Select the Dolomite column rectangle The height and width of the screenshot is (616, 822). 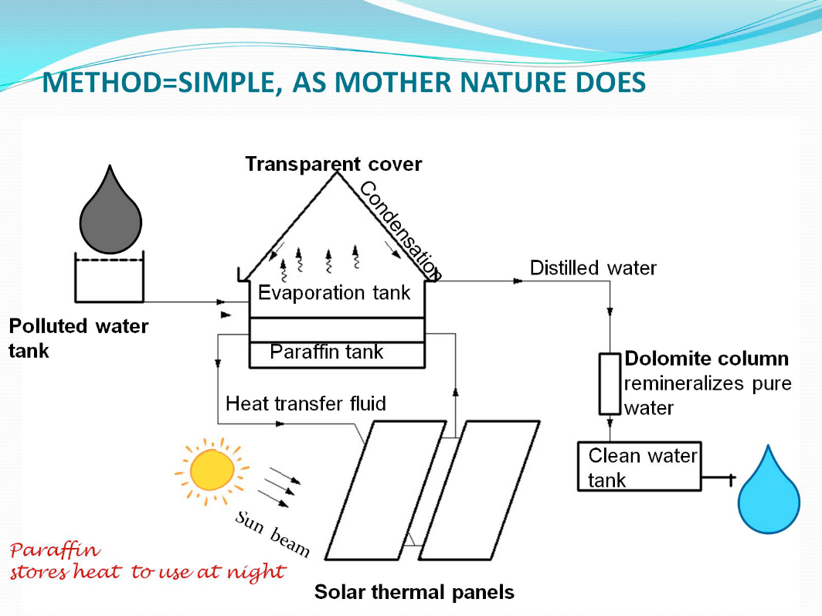click(610, 383)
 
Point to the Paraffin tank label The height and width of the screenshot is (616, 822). click(327, 352)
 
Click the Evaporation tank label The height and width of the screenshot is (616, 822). click(335, 293)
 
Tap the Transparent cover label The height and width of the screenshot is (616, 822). click(334, 164)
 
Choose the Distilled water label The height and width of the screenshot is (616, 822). click(593, 268)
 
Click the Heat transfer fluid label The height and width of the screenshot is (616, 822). click(306, 403)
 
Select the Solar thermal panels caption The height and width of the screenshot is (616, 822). click(414, 593)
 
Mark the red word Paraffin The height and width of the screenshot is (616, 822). click(55, 551)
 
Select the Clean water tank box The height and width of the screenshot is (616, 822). click(639, 466)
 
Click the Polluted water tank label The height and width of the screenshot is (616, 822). click(77, 337)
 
